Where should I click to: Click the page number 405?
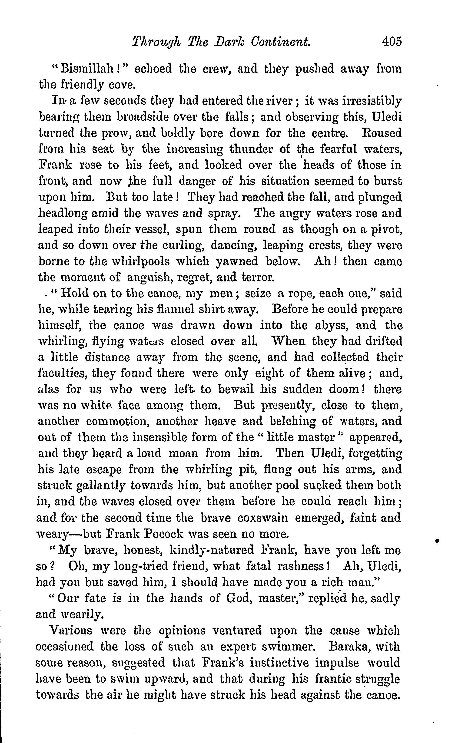(392, 41)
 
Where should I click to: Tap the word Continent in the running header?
(281, 41)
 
